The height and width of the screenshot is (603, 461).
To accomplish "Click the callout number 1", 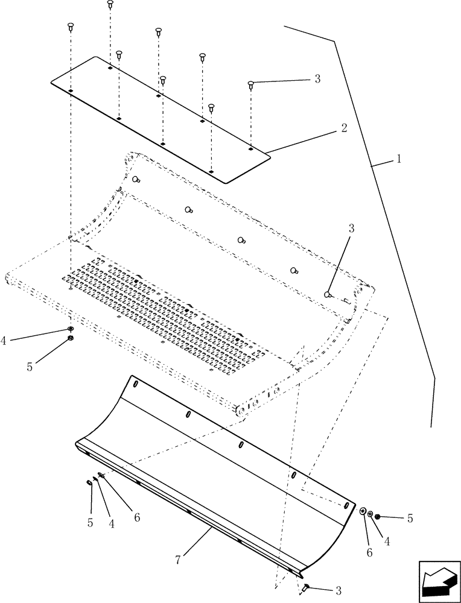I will [x=399, y=160].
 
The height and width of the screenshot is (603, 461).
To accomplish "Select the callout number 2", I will [x=343, y=128].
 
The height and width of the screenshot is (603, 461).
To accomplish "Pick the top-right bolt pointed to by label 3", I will [x=250, y=85].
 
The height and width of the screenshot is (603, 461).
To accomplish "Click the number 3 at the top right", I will [x=334, y=79].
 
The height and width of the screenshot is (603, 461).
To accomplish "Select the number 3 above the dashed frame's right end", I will [x=351, y=229].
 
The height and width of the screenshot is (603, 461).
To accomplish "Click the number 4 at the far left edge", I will [x=5, y=341].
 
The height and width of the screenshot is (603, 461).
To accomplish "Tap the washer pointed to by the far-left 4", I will [x=71, y=329].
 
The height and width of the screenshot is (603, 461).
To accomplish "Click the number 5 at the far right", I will [x=410, y=518].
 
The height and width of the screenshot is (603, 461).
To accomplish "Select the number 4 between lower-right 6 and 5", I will [x=387, y=541].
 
